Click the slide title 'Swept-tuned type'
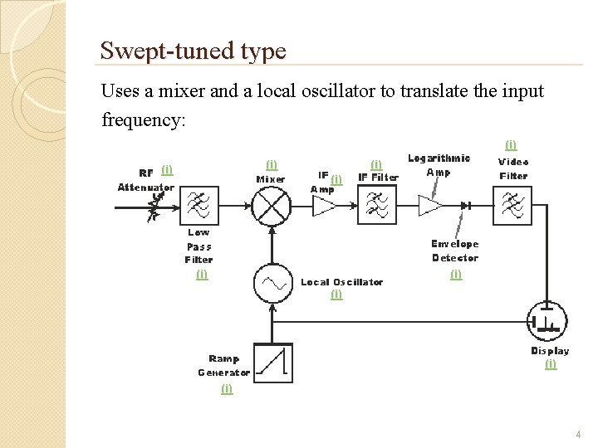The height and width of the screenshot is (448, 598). click(193, 51)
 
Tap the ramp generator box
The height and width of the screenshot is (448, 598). click(272, 363)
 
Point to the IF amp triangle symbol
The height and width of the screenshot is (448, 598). click(322, 206)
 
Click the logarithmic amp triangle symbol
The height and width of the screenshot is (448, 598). click(430, 205)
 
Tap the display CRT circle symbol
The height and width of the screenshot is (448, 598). click(547, 321)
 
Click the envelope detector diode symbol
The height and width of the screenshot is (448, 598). click(467, 205)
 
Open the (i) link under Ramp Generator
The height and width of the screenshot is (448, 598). click(227, 388)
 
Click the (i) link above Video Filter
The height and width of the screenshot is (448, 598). click(511, 145)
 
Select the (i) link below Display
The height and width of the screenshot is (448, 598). click(550, 364)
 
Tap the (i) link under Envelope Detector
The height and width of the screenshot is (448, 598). click(455, 274)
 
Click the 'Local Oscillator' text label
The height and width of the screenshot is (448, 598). click(341, 282)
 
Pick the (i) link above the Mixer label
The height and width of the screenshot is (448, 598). click(271, 164)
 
